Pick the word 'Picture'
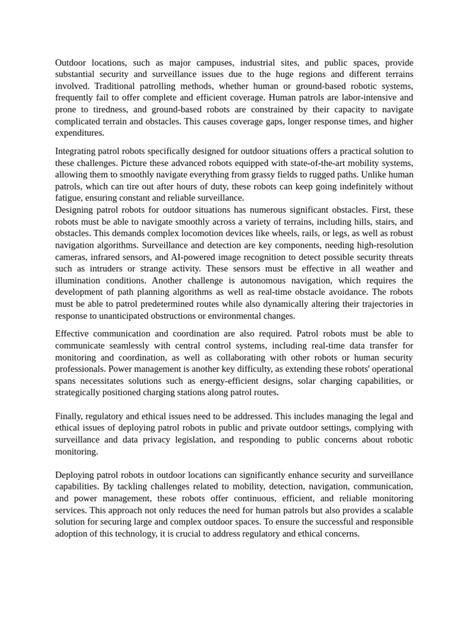pyautogui.click(x=136, y=163)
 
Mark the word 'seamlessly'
pyautogui.click(x=126, y=345)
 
